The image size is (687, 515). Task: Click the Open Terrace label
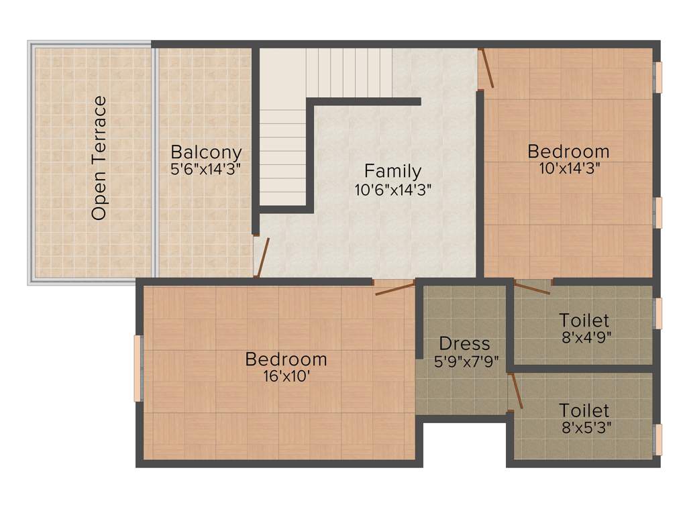pos(99,158)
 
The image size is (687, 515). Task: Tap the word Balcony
pos(205,152)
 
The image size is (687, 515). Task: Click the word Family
pos(392,171)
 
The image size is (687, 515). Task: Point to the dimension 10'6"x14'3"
pos(392,189)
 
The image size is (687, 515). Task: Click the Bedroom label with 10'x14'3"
pos(568,151)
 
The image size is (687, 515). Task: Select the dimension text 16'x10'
pos(286,377)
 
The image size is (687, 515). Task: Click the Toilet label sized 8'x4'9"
pos(584,321)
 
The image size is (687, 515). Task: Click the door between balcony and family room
pos(262,257)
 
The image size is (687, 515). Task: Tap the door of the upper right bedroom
pos(486,68)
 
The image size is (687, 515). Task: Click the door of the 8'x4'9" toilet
pos(533,288)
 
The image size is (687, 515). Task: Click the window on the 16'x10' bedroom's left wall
pos(138,368)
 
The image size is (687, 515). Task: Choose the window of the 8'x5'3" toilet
pos(657,439)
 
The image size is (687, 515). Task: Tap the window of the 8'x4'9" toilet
pos(657,313)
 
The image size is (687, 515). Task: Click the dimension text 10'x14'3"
pos(568,168)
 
